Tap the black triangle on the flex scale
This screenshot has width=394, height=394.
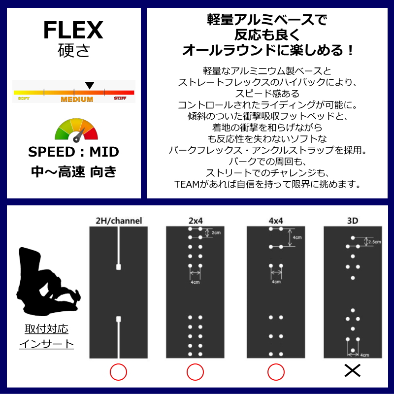(89, 86)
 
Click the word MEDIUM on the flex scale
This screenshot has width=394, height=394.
(77, 99)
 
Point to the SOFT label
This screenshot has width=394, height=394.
(23, 98)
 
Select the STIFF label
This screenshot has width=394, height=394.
(120, 98)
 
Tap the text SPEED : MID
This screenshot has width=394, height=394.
(73, 152)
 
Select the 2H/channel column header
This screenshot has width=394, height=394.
(119, 221)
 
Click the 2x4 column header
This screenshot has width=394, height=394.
(195, 221)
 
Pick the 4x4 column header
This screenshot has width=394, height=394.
(275, 221)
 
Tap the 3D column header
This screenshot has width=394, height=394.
(353, 221)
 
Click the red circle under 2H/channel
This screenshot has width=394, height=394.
(118, 371)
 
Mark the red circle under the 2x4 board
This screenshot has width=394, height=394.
(195, 371)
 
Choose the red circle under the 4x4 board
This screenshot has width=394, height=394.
(275, 371)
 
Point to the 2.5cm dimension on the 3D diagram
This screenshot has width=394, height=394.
(375, 242)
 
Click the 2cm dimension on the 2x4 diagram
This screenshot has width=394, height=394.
(216, 232)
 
